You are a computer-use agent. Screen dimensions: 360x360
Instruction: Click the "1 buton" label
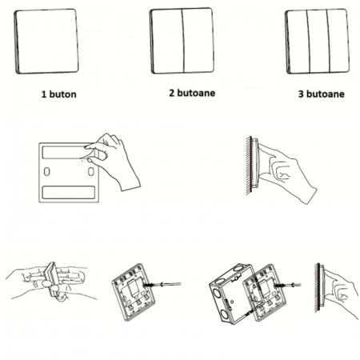click(58, 94)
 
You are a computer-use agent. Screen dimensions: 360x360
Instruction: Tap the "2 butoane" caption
click(192, 93)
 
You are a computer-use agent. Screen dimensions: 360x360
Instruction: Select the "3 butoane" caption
click(321, 94)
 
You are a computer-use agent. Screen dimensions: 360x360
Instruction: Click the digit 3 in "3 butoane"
click(301, 94)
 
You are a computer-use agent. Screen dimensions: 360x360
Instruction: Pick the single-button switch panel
click(46, 41)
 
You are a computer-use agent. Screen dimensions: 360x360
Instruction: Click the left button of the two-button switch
click(167, 41)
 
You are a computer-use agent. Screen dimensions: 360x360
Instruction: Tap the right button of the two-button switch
click(198, 41)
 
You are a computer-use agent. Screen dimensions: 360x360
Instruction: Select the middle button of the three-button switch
click(318, 41)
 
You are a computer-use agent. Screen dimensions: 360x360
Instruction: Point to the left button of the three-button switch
click(298, 42)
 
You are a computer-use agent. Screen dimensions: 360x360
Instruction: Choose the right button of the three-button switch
click(338, 41)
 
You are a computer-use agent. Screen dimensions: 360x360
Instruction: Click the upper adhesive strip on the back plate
click(68, 153)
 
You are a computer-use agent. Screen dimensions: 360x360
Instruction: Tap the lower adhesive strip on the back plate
click(69, 192)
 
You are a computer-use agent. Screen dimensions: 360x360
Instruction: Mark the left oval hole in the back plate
click(46, 171)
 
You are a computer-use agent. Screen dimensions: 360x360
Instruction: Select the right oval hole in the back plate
click(91, 171)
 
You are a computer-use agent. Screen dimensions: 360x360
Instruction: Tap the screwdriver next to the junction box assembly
click(290, 285)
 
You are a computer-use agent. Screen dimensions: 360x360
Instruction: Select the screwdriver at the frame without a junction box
click(162, 285)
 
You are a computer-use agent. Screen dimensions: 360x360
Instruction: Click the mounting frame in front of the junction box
click(265, 293)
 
